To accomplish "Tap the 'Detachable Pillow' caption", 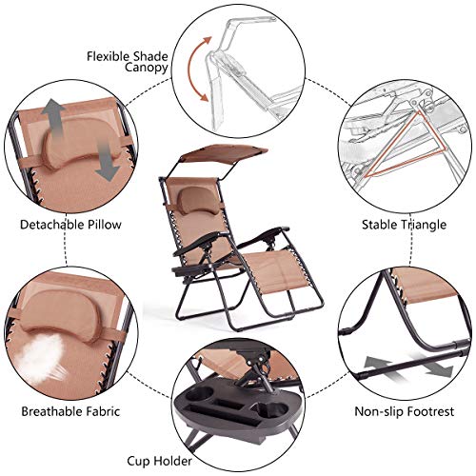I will pyautogui.click(x=66, y=226).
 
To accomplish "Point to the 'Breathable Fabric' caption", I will pyautogui.click(x=65, y=412).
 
